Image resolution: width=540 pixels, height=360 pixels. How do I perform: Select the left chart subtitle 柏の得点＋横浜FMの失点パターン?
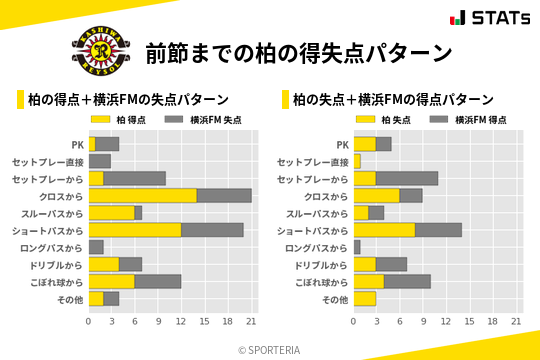128,100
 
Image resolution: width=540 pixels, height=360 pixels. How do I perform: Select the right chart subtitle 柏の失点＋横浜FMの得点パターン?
393,100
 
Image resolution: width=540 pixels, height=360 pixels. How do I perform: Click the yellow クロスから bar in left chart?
142,195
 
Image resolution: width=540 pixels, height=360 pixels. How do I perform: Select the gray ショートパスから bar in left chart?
212,230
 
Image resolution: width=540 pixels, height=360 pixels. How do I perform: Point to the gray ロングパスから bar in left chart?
96,247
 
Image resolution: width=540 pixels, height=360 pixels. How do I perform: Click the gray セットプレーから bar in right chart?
407,178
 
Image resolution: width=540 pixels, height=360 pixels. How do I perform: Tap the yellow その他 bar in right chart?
365,298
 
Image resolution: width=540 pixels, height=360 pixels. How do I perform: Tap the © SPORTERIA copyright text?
270,349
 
